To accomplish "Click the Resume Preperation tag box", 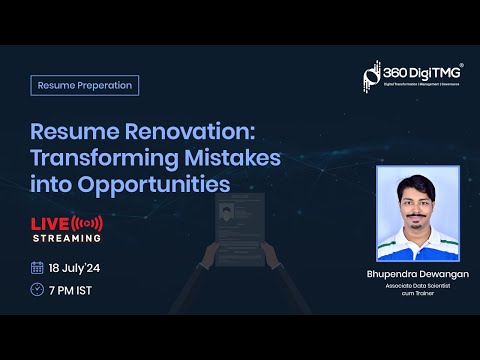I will click(85, 85).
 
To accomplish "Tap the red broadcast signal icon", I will click(89, 221).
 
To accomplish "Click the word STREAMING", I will click(66, 238).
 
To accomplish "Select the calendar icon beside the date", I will click(37, 267).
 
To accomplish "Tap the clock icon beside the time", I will click(37, 291).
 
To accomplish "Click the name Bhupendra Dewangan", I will click(417, 271).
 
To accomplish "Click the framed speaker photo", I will click(417, 214).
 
